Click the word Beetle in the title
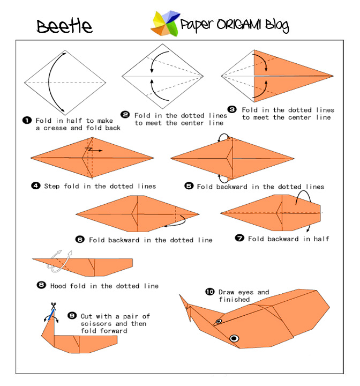tap(64, 26)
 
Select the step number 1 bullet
tap(27, 121)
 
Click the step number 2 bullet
tap(125, 115)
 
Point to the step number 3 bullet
tap(232, 109)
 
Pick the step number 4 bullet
tap(36, 186)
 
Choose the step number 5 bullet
tap(189, 186)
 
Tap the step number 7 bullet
tap(239, 239)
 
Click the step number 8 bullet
tap(41, 285)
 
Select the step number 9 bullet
tap(72, 316)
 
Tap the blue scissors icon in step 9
tap(53, 308)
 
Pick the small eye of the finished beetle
tap(219, 321)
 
